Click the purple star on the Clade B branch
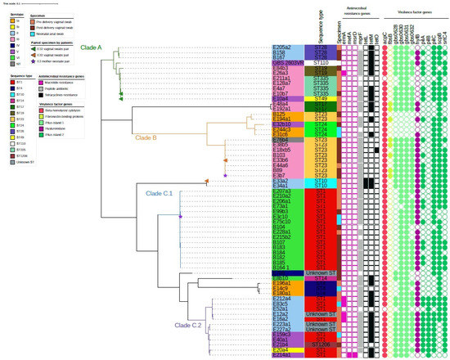(224, 165)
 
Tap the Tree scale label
(15, 2)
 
